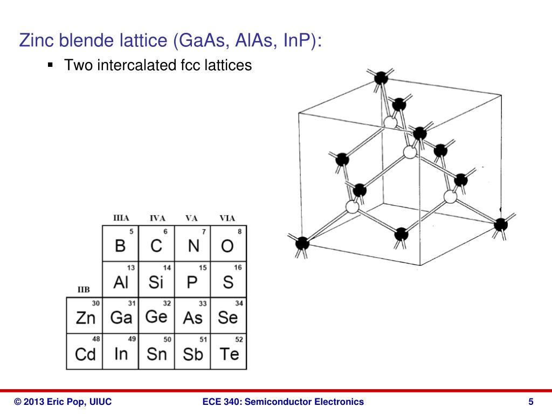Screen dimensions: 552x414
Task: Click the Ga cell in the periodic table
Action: [x=120, y=316]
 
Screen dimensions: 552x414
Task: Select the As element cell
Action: [x=192, y=316]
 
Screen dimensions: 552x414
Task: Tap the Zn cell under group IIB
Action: [x=85, y=316]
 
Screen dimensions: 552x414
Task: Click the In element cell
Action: [x=120, y=352]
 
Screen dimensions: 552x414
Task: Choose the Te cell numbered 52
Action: [x=229, y=352]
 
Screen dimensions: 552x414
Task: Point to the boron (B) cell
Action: [x=120, y=244]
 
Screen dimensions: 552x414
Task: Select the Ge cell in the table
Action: [x=156, y=316]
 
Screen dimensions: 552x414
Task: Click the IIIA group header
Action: [x=121, y=218]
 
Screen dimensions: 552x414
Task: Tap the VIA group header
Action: [x=227, y=218]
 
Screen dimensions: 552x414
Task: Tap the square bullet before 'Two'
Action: [x=51, y=65]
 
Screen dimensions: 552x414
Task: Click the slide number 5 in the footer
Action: [x=531, y=402]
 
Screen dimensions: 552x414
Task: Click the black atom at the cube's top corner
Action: [x=381, y=78]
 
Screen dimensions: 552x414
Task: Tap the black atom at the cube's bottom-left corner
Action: [x=302, y=243]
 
